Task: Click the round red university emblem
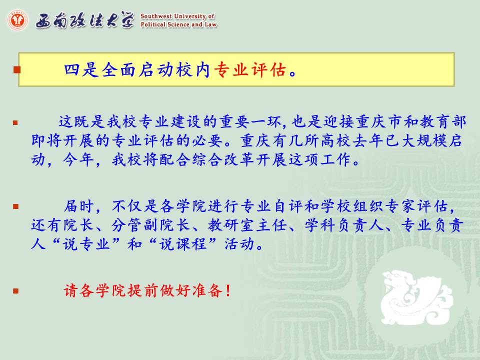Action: [17, 20]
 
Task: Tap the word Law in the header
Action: [211, 24]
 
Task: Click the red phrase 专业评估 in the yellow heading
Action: [250, 70]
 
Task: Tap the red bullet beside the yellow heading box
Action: [17, 70]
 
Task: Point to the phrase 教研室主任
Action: [246, 225]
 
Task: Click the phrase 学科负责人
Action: [343, 225]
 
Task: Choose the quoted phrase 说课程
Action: [183, 244]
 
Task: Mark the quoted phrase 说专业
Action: [86, 244]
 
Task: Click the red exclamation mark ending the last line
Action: [227, 290]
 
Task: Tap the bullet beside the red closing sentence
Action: [16, 290]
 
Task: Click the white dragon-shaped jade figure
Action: [416, 297]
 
